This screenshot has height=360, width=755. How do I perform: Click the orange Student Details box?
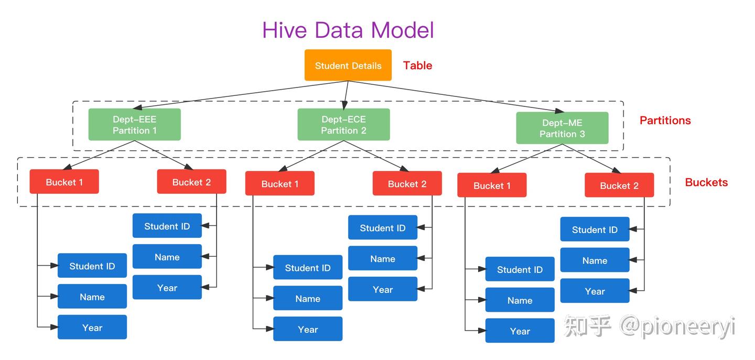(348, 66)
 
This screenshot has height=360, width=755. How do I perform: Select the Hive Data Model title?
(348, 30)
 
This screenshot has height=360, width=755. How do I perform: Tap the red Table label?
(417, 66)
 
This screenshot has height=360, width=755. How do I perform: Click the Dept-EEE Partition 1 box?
(134, 125)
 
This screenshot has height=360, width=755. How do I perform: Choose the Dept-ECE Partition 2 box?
(343, 125)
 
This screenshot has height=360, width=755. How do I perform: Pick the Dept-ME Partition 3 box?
(562, 128)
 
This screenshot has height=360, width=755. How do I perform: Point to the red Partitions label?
(665, 121)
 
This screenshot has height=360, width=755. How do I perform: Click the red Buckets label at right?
(706, 182)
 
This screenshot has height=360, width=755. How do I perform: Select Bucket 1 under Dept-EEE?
(64, 182)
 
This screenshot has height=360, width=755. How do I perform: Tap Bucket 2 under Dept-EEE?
(191, 182)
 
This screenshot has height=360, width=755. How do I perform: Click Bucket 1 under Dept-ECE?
(279, 184)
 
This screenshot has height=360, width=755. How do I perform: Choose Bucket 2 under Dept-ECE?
(407, 184)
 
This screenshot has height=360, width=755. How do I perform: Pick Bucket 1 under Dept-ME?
(491, 186)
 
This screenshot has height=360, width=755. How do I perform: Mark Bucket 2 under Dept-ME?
(619, 186)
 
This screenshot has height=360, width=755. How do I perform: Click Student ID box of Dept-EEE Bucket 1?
(92, 266)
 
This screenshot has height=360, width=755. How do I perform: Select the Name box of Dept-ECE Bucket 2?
(382, 258)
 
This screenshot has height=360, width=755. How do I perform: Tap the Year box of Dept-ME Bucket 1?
(520, 331)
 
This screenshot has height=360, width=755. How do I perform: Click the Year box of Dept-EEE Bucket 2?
(167, 287)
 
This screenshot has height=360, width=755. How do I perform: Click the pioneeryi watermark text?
(676, 327)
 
